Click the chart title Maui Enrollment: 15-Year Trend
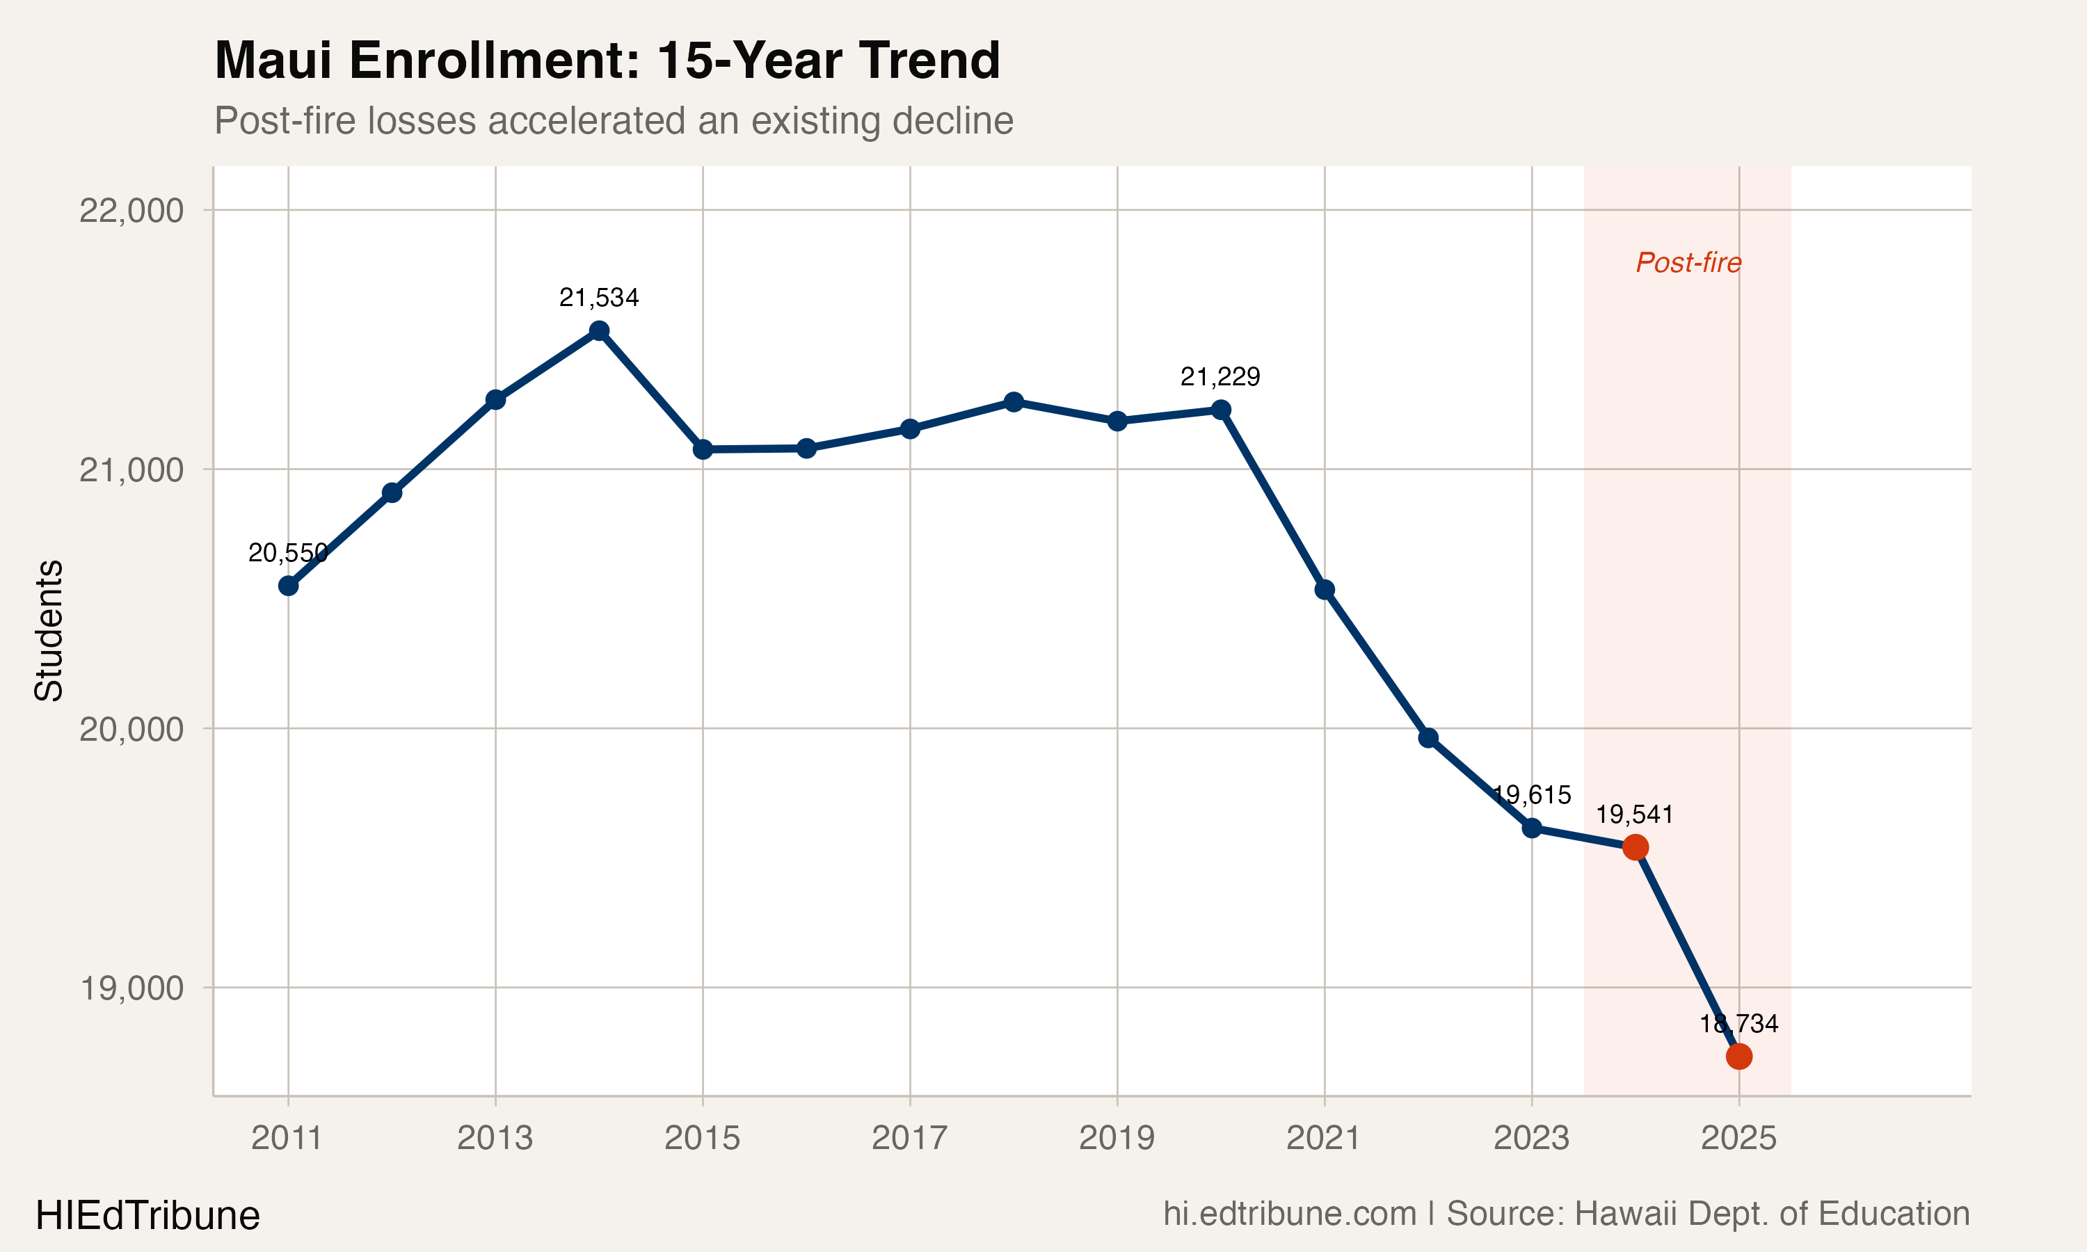[x=607, y=61]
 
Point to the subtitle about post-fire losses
[x=614, y=120]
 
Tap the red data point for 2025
[x=1738, y=1057]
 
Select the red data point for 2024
[x=1635, y=847]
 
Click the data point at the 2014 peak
[x=599, y=330]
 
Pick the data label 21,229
[x=1220, y=377]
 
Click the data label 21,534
[x=599, y=298]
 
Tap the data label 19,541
[x=1634, y=815]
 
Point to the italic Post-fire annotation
[x=1688, y=263]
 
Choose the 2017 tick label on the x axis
[x=909, y=1138]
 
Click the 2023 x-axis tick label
[x=1531, y=1138]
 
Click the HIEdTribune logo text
[x=147, y=1216]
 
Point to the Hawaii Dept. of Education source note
[x=1707, y=1214]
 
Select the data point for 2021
[x=1325, y=590]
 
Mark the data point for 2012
[x=392, y=492]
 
